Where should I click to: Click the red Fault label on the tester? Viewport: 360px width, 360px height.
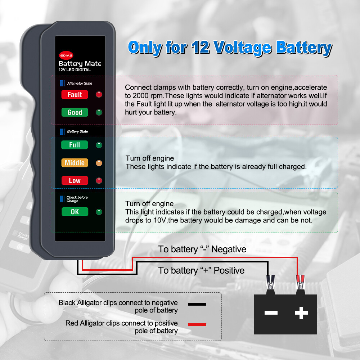[x=75, y=95]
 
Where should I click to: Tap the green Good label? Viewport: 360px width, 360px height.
[x=75, y=112]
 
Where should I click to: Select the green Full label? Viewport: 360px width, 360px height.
[x=75, y=145]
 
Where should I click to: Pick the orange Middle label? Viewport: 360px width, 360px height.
[x=75, y=163]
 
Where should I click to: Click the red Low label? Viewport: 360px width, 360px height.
[x=75, y=180]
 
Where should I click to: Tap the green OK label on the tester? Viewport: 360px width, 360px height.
[x=75, y=212]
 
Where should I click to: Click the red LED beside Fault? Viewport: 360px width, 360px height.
[x=99, y=95]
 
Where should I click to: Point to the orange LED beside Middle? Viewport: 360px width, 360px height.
[x=99, y=163]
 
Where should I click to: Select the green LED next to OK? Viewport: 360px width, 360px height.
[x=99, y=212]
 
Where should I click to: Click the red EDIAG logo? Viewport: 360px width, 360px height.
[x=66, y=55]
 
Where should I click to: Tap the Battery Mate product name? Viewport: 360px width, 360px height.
[x=80, y=64]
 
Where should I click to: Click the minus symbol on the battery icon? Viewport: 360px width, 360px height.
[x=271, y=312]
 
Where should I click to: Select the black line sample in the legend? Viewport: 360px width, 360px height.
[x=197, y=304]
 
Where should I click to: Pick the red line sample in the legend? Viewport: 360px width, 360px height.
[x=197, y=325]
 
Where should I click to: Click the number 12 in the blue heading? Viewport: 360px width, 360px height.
[x=201, y=48]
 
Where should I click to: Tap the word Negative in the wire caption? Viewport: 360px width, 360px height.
[x=229, y=249]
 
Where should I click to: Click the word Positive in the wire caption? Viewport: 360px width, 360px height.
[x=229, y=270]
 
